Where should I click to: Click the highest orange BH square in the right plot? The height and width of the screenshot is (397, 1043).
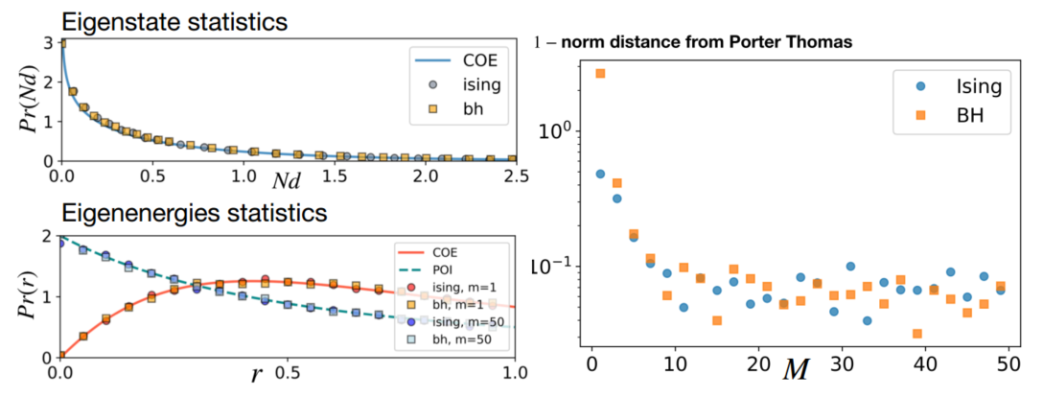600,73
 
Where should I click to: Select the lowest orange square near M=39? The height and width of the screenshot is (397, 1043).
917,334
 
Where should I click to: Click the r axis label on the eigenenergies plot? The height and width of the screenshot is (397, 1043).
257,375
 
